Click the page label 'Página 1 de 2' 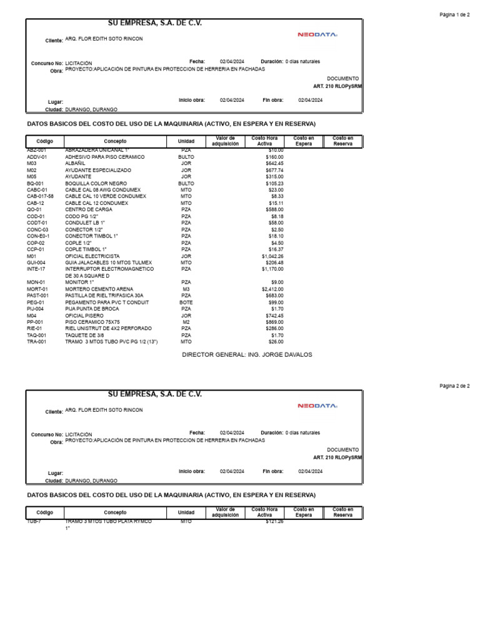click(454, 14)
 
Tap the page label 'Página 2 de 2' click(454, 386)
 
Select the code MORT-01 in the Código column click(37, 289)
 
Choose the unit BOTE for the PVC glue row click(186, 302)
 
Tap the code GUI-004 click(36, 262)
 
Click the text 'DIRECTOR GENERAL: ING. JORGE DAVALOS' click(247, 355)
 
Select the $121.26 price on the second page click(274, 521)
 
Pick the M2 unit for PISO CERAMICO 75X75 click(186, 322)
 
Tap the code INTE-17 click(36, 269)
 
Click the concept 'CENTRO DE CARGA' click(89, 209)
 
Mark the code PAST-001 click(37, 296)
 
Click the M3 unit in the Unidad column click(186, 289)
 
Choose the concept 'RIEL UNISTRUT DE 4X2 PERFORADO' click(108, 328)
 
